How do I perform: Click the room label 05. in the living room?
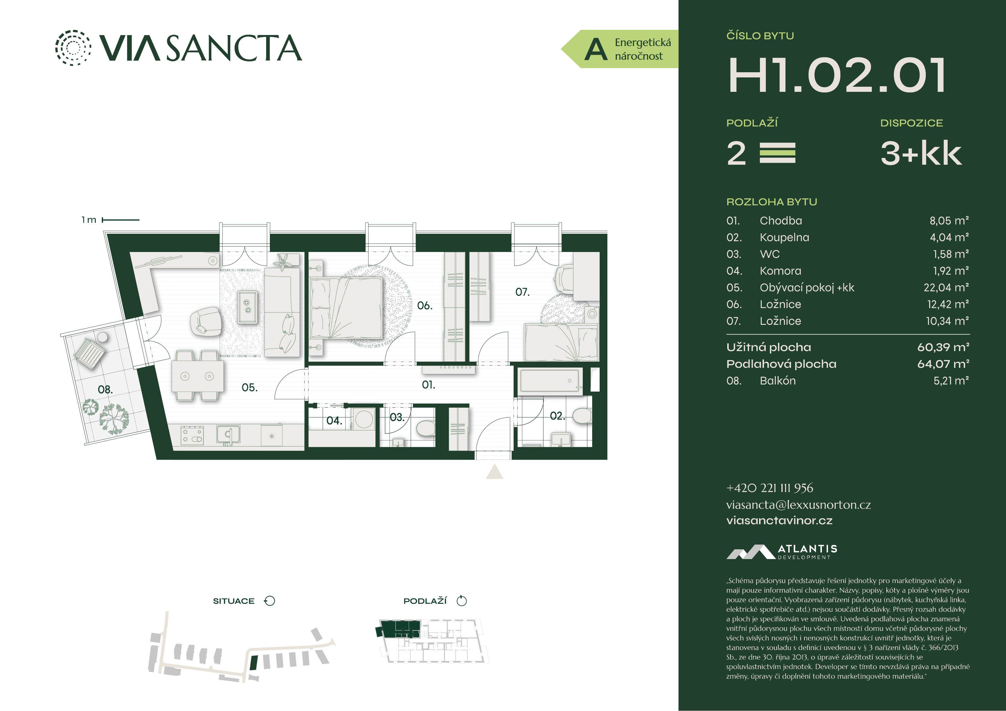[249, 387]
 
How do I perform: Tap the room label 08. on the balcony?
[105, 389]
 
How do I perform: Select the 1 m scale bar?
[120, 220]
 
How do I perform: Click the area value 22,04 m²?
[946, 288]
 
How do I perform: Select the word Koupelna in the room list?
[784, 237]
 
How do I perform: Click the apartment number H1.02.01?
[837, 75]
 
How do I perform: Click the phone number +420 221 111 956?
[770, 488]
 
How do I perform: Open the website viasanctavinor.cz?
[779, 520]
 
